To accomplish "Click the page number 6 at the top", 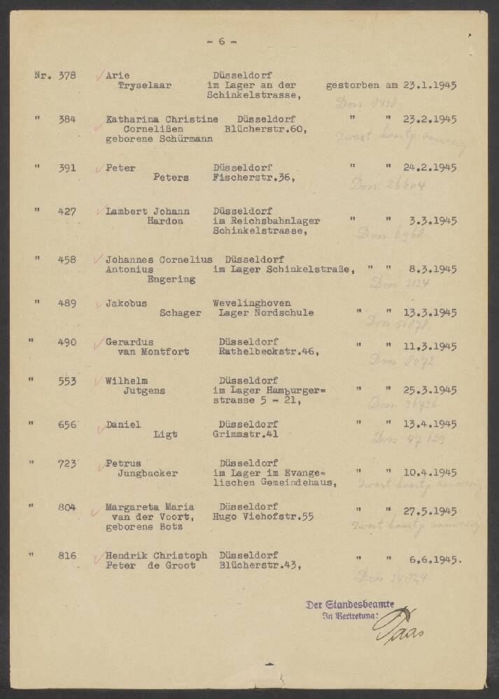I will (222, 41).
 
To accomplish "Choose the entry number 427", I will (67, 211).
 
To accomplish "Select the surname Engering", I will (171, 279).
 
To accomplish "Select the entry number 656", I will (67, 424).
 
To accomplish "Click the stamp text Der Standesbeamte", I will (350, 604).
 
